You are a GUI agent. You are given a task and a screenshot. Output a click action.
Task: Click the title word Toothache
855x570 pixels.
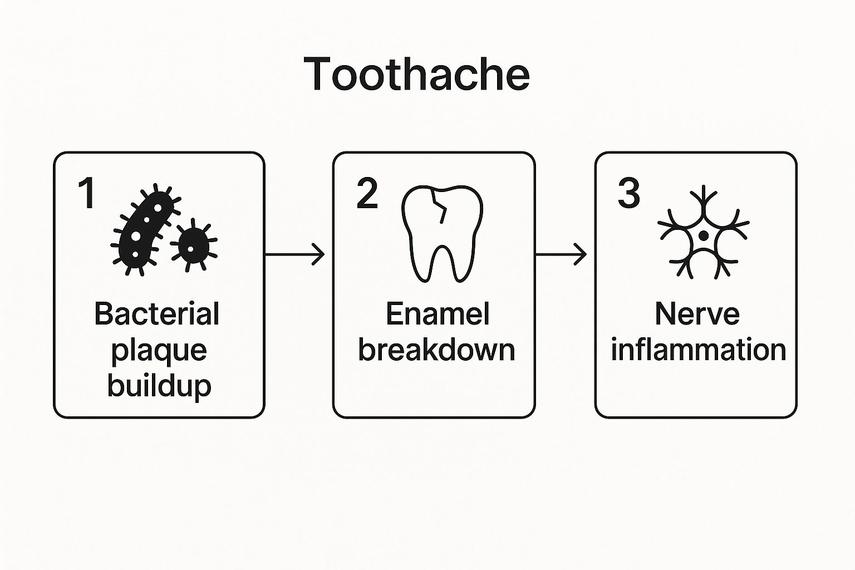coord(417,75)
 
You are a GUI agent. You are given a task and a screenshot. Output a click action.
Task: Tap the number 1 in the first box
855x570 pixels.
coord(87,193)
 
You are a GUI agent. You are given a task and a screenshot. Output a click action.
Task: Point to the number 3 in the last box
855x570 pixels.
coord(629,193)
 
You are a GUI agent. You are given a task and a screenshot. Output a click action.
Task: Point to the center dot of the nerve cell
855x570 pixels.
coord(704,235)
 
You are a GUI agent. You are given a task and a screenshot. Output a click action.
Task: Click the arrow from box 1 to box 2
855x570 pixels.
coord(295,254)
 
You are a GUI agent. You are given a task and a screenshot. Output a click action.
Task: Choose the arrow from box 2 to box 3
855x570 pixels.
coord(561,254)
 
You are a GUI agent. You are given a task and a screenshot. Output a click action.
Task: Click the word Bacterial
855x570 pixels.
coord(157,314)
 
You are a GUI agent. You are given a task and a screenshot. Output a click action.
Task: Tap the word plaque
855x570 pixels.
coord(159,351)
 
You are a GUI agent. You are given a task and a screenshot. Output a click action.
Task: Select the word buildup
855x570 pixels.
coord(159,385)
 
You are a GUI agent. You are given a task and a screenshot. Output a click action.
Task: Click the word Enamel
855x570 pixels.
coord(438,314)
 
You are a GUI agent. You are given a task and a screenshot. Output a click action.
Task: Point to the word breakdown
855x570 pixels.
coord(436,350)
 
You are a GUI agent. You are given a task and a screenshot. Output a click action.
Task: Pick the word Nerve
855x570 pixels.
coord(697,314)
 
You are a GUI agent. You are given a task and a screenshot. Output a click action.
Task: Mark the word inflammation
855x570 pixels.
coord(698,350)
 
